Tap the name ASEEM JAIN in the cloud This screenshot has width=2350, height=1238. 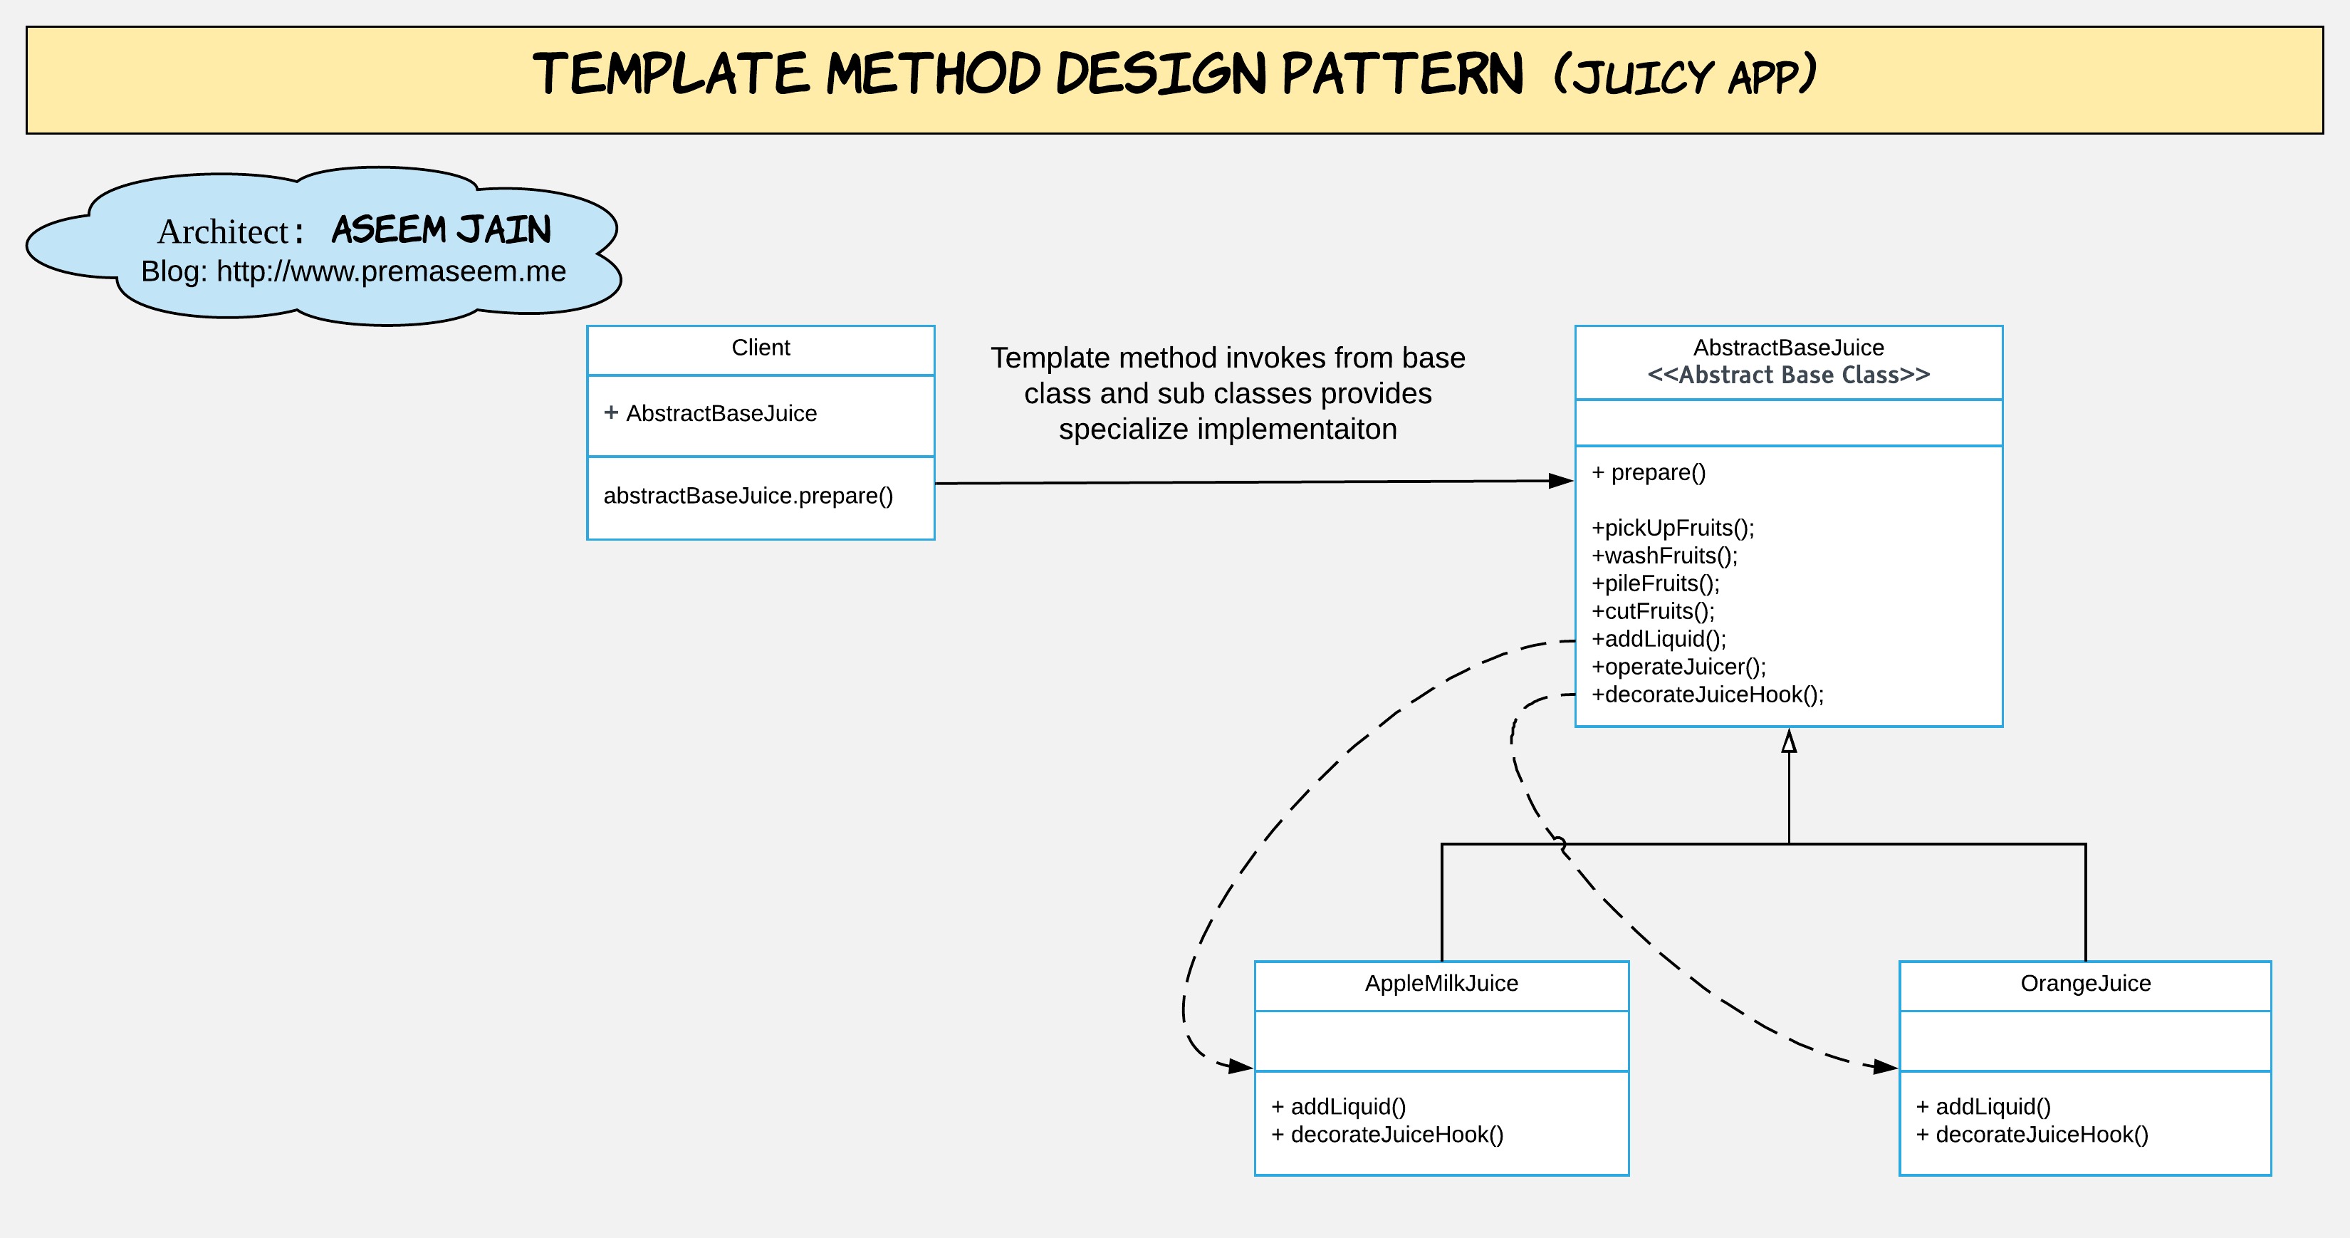(x=442, y=230)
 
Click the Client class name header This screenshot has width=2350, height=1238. (x=761, y=348)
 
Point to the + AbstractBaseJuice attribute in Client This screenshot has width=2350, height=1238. (x=711, y=413)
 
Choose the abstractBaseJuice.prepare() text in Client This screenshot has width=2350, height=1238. (x=748, y=495)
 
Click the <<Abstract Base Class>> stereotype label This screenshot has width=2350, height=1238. (x=1788, y=375)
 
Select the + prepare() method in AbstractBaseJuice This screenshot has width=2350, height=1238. (x=1649, y=472)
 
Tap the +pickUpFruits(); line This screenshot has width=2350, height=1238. (x=1673, y=529)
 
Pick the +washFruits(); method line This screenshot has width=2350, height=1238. (x=1665, y=556)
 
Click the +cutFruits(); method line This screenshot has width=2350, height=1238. (x=1653, y=611)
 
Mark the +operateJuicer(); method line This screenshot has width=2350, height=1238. (x=1678, y=667)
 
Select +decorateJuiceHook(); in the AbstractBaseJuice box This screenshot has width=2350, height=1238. (x=1708, y=695)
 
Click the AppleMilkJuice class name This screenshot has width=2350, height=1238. (x=1441, y=984)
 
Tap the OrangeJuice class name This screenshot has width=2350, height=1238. (x=2085, y=984)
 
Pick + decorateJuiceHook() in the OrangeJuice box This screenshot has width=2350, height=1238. (x=2032, y=1135)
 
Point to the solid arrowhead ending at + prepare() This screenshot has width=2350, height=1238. (x=1561, y=481)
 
